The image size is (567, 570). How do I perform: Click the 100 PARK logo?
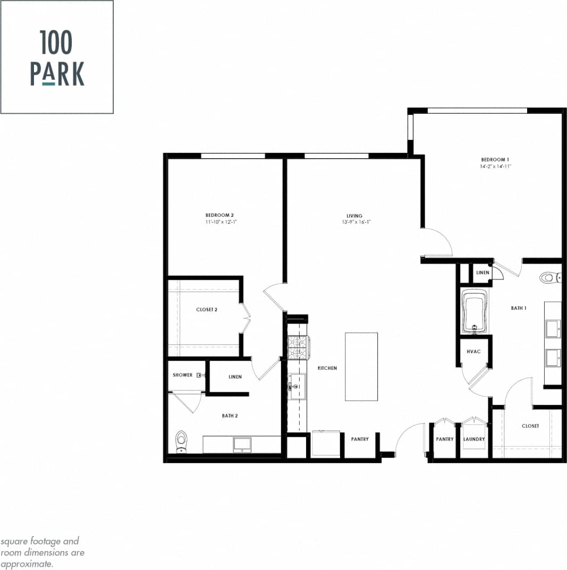pyautogui.click(x=57, y=57)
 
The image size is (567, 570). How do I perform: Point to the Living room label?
pyautogui.click(x=354, y=216)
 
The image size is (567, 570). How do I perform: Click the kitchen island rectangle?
pyautogui.click(x=361, y=367)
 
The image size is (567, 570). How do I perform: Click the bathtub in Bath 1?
pyautogui.click(x=476, y=312)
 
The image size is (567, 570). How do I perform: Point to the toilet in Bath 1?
pyautogui.click(x=549, y=277)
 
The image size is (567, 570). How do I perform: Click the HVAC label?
pyautogui.click(x=473, y=352)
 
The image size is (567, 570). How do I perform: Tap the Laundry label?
pyautogui.click(x=473, y=439)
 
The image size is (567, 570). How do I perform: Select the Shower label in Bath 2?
pyautogui.click(x=182, y=375)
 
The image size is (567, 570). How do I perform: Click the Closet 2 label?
pyautogui.click(x=207, y=309)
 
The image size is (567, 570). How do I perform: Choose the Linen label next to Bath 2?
pyautogui.click(x=235, y=377)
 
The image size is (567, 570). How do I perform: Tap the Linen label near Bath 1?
pyautogui.click(x=482, y=273)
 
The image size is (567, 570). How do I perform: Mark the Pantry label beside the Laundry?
pyautogui.click(x=445, y=439)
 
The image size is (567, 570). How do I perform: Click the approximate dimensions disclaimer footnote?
pyautogui.click(x=43, y=552)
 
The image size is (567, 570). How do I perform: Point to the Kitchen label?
pyautogui.click(x=327, y=368)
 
